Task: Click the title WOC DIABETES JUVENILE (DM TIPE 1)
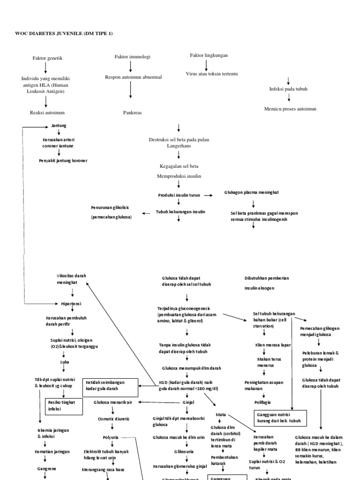[x=60, y=33]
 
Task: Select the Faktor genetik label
[x=47, y=58]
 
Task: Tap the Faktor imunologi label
[x=133, y=57]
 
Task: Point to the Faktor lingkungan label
[x=209, y=55]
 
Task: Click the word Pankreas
[x=132, y=113]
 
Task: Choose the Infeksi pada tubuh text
[x=288, y=89]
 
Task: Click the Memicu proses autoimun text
[x=290, y=109]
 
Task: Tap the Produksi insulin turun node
[x=179, y=195]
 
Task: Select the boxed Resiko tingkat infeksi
[x=64, y=405]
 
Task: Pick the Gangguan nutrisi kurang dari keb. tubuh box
[x=280, y=418]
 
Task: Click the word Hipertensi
[x=71, y=304]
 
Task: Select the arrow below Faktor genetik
[x=46, y=68]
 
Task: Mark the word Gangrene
[x=46, y=468]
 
